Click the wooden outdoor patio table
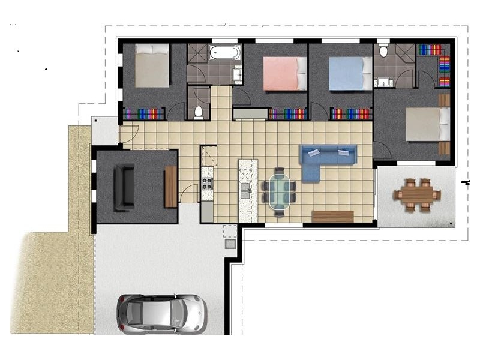pyautogui.click(x=418, y=194)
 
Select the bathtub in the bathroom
pyautogui.click(x=225, y=53)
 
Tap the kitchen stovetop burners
pyautogui.click(x=207, y=183)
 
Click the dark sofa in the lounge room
pyautogui.click(x=125, y=187)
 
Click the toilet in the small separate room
pyautogui.click(x=199, y=112)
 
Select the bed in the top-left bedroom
pyautogui.click(x=152, y=66)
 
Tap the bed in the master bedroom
pyautogui.click(x=427, y=124)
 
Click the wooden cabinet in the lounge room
pyautogui.click(x=170, y=187)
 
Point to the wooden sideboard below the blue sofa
pyautogui.click(x=332, y=216)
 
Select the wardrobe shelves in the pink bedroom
pyautogui.click(x=287, y=113)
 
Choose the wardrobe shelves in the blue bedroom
pyautogui.click(x=352, y=113)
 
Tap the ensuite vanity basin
pyautogui.click(x=382, y=82)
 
